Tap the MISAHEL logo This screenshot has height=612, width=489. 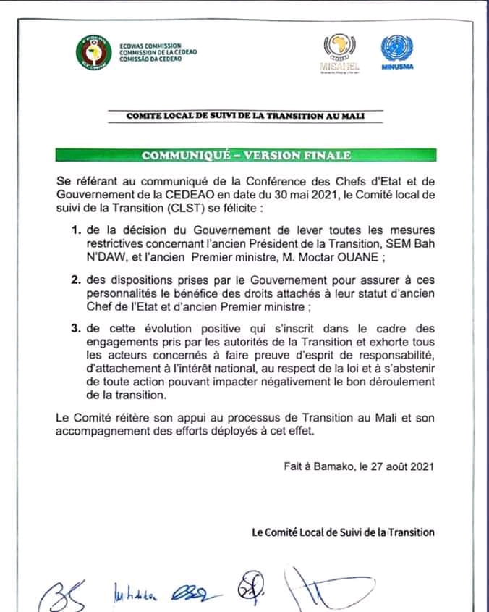point(334,52)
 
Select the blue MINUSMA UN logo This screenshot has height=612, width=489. point(397,51)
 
